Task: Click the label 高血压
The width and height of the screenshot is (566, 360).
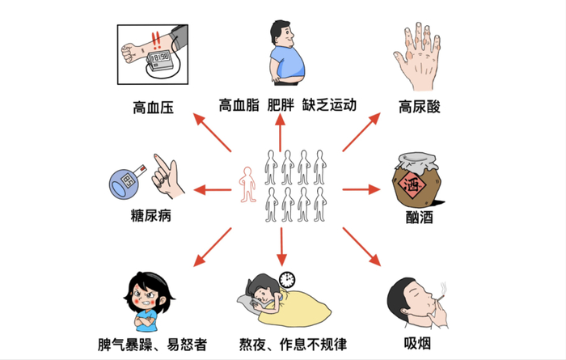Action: pyautogui.click(x=154, y=106)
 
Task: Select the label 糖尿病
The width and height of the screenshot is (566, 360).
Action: pyautogui.click(x=145, y=216)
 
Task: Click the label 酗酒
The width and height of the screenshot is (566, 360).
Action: pyautogui.click(x=420, y=217)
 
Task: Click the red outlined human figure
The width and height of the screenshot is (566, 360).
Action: pyautogui.click(x=247, y=184)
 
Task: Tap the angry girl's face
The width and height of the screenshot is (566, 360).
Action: pyautogui.click(x=148, y=297)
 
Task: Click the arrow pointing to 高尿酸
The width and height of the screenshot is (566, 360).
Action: pyautogui.click(x=361, y=133)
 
